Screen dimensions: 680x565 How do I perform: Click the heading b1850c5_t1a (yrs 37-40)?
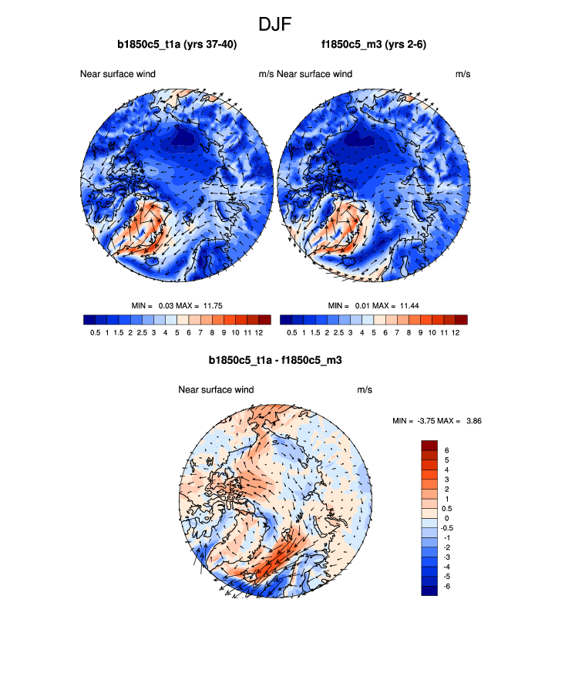[177, 45]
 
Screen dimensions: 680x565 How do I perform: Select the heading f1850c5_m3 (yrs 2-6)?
[374, 45]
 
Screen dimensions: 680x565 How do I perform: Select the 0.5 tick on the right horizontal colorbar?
[292, 333]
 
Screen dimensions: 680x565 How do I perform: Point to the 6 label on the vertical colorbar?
[446, 449]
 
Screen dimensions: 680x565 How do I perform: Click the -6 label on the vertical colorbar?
[448, 587]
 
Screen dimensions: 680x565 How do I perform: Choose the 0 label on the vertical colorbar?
[446, 518]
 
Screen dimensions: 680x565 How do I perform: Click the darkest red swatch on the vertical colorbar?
[429, 445]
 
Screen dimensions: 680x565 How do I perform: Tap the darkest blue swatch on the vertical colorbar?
[429, 591]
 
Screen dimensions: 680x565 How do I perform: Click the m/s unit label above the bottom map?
[365, 390]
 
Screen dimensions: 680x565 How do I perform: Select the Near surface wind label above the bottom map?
[216, 390]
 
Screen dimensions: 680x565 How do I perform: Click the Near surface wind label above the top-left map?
[118, 74]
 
